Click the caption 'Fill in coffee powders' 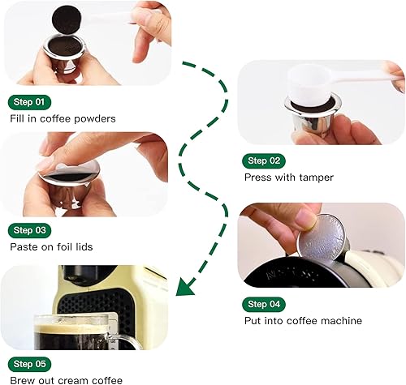pos(63,118)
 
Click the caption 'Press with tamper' pos(287,177)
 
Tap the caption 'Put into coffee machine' pos(303,321)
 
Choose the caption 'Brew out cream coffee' pos(66,380)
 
